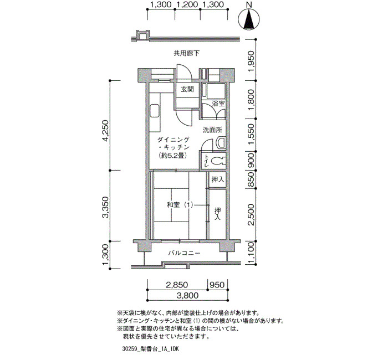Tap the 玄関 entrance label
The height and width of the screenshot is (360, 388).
click(x=187, y=89)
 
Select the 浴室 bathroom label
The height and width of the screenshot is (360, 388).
click(x=218, y=104)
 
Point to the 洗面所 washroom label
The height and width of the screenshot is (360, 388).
click(x=212, y=130)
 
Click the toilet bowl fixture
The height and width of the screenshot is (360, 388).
click(x=219, y=161)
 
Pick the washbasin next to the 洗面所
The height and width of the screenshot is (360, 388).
click(x=221, y=143)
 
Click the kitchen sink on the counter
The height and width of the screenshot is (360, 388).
click(x=155, y=111)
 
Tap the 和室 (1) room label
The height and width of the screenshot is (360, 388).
click(x=180, y=205)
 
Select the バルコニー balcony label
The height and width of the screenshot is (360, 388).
click(x=185, y=253)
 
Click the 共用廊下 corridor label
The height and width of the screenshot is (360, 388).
click(x=186, y=53)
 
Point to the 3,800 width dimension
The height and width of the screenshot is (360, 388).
click(x=187, y=295)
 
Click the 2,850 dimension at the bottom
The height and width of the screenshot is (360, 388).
click(x=177, y=285)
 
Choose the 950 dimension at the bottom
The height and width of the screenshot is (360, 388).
click(x=217, y=285)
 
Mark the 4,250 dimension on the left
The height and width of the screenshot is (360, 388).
click(x=106, y=131)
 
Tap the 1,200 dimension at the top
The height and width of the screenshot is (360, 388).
click(x=187, y=4)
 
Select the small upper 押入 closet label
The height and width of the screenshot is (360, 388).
click(x=218, y=179)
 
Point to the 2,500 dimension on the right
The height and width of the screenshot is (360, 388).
click(x=251, y=215)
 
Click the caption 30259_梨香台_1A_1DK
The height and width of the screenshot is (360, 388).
click(x=150, y=349)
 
